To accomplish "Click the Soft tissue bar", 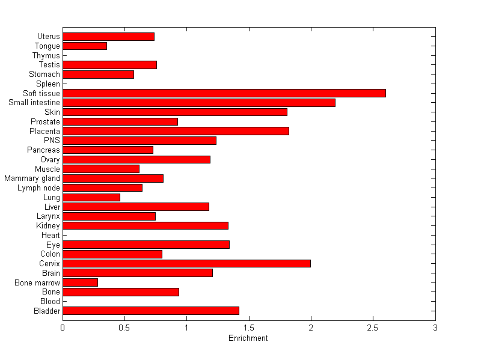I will coord(224,93).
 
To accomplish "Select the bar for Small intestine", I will coord(198,103).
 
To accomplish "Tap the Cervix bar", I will coord(186,263).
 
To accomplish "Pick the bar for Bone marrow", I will coord(80,282).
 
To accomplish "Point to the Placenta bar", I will coord(176,131).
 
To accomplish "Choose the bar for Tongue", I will coord(85,46).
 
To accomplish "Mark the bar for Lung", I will coord(91,197).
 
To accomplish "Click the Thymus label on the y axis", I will coord(46,55).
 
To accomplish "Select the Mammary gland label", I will coord(32,178).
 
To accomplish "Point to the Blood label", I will coord(50,301).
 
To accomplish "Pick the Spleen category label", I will coord(48,84).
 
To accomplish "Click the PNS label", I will coord(52,141).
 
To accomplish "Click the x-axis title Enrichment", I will coord(248,338).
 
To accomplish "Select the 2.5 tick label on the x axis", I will coord(373,328).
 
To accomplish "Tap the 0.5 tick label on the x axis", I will coord(124,328).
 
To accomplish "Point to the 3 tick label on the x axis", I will coord(435,328).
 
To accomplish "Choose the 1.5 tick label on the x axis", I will coord(248,328).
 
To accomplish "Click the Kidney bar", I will coord(146,225).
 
